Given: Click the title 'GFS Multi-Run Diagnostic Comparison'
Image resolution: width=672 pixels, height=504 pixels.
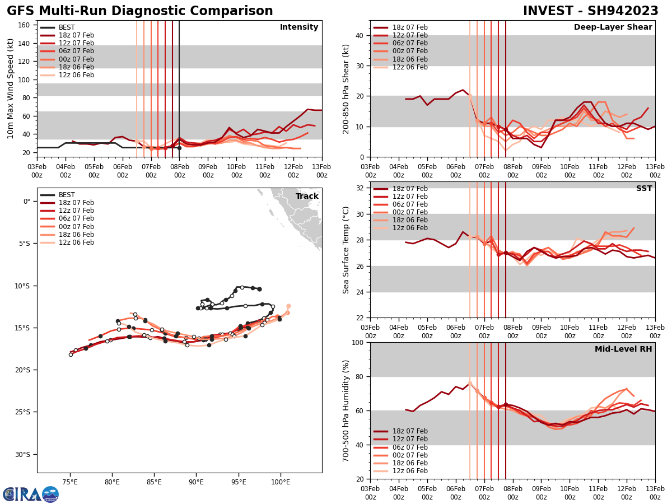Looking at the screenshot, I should pos(140,11).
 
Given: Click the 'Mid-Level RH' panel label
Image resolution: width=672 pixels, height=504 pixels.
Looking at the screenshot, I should pos(623,349).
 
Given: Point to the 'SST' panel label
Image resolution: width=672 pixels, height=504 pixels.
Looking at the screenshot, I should pos(644,189).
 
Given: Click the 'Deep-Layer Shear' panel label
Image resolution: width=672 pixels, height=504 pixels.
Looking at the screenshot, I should pos(613,27).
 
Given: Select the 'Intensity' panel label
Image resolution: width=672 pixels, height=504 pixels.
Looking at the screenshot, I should pos(299,27).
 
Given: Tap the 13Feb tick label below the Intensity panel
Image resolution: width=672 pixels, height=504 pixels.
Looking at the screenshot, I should pos(322,170).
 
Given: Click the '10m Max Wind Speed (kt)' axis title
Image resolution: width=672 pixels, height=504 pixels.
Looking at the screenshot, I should pos(11,88).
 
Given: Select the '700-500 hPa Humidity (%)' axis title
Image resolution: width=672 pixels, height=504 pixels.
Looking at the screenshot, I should pos(346,410).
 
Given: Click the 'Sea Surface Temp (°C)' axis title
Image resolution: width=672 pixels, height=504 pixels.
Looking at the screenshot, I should pos(346,250).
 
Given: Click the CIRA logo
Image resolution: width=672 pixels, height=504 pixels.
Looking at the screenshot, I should pos(31,494).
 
